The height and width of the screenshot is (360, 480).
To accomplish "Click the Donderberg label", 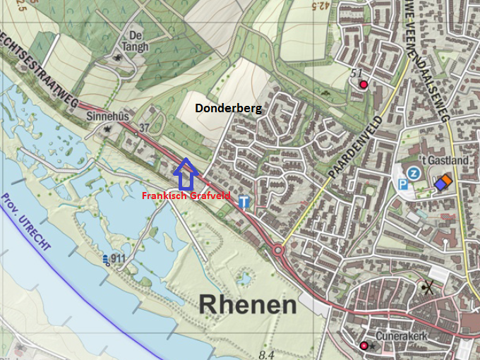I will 228,109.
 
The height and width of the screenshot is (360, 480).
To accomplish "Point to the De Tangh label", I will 137,40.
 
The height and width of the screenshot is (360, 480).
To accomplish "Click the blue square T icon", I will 244,202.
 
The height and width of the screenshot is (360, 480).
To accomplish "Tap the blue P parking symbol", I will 404,186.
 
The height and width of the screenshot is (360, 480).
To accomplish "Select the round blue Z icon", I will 415,174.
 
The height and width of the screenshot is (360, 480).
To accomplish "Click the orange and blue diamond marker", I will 443,182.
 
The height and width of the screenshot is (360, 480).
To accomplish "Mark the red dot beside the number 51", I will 364,85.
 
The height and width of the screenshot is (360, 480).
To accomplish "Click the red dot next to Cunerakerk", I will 364,345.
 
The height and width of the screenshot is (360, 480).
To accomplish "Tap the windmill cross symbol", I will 426,287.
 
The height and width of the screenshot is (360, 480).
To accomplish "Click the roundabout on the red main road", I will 278,250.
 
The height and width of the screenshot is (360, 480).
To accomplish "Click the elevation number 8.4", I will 266,354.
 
